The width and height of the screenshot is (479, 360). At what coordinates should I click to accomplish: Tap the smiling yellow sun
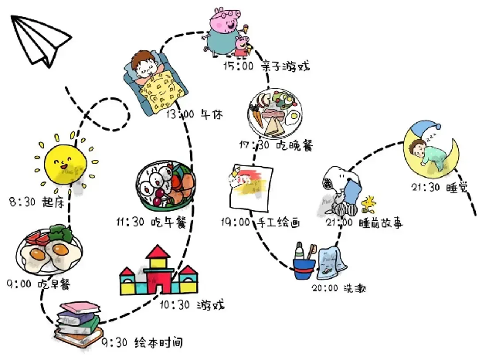tap(66, 164)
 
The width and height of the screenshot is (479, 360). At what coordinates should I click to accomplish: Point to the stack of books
tap(79, 324)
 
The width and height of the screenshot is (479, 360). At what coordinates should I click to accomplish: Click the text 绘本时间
tap(158, 342)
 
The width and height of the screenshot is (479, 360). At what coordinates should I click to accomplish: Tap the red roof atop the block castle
tap(158, 252)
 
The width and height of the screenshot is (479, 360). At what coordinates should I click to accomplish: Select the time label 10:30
tap(175, 304)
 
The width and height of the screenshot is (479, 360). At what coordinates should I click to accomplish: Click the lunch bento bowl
tap(165, 185)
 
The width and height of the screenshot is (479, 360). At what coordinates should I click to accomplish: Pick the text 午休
tap(212, 114)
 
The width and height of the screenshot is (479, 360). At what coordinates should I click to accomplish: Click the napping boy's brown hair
tap(143, 58)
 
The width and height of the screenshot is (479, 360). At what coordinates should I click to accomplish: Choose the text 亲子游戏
tap(286, 66)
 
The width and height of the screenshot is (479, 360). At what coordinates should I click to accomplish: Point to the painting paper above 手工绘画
tap(251, 188)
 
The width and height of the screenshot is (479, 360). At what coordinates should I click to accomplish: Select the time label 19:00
tap(236, 222)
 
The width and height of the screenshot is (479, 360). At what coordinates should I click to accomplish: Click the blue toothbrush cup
tap(304, 269)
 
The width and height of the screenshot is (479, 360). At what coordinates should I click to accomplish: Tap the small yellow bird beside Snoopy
tap(369, 204)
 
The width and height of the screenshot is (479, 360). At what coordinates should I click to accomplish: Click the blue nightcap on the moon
tap(424, 129)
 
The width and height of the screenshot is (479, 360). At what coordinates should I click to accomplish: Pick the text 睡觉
tap(457, 188)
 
